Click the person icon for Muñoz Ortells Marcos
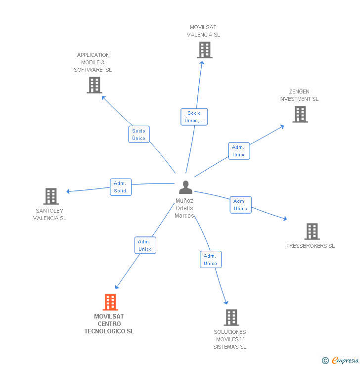coord(185,187)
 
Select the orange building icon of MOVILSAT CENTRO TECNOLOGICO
coord(110,302)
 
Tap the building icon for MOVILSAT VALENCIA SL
coord(204,50)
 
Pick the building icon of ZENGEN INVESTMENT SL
coord(300,114)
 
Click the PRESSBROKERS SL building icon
coord(312,231)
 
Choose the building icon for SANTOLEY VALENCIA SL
coord(51,196)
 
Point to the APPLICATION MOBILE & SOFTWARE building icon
coord(94,85)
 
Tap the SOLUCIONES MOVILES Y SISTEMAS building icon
coord(231,317)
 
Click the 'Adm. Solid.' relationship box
coord(121,187)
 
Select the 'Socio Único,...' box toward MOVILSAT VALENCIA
coord(194,117)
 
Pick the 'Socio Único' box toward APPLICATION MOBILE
coord(138,135)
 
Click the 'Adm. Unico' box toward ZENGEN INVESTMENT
coord(239,151)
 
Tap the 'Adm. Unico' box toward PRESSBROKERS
coord(240,205)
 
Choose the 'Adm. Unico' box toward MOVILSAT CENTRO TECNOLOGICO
coord(145,245)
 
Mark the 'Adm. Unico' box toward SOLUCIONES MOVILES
coord(210,260)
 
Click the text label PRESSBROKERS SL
coord(311,246)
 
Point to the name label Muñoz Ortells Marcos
coord(184,208)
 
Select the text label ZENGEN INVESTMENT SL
coord(299,95)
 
